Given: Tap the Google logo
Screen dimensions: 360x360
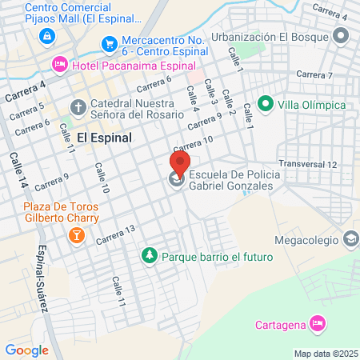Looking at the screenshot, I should click(26, 350).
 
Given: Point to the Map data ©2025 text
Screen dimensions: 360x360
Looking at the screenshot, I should click(325, 353).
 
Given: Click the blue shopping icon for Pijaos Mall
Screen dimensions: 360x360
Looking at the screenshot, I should click(47, 36).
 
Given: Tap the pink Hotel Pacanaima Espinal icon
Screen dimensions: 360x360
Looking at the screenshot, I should click(58, 64).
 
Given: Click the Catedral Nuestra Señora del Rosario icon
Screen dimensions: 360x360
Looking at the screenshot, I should click(78, 106).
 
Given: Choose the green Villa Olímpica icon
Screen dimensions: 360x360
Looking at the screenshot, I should click(265, 105).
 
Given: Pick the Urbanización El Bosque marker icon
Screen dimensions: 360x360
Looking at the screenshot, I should click(342, 36).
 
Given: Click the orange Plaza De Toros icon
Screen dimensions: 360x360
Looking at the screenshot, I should click(77, 234).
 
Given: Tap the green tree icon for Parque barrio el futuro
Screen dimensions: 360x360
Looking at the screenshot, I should click(148, 257).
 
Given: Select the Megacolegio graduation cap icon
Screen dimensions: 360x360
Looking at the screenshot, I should click(350, 238).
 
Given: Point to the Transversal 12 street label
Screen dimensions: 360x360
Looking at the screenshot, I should click(310, 164).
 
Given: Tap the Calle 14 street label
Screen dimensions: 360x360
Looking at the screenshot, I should click(19, 170).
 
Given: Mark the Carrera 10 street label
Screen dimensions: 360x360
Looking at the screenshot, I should click(193, 144).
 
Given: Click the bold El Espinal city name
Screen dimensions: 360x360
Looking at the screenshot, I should click(105, 136).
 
